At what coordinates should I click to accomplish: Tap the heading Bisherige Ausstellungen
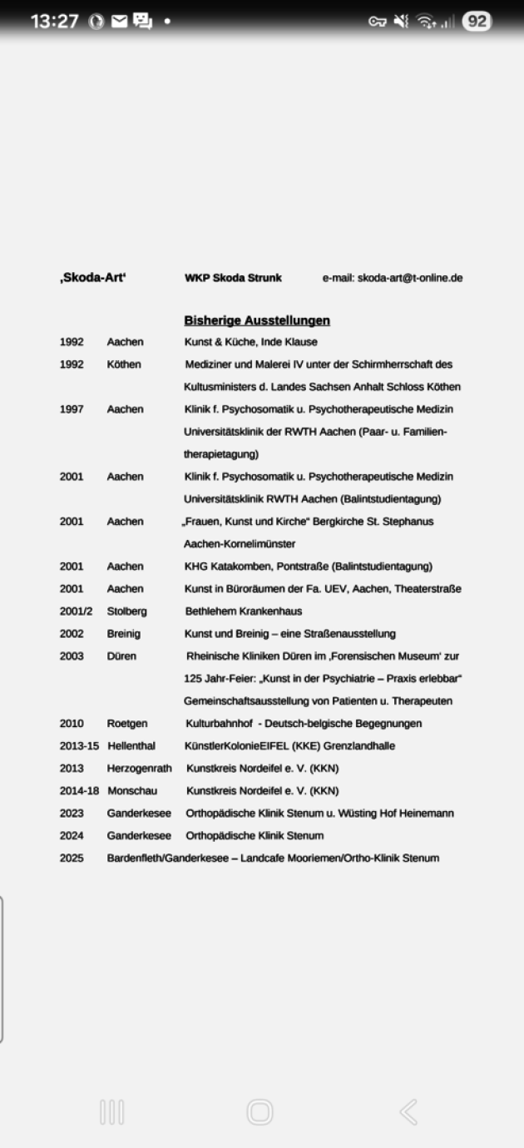(x=257, y=320)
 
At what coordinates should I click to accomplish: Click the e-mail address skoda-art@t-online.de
(x=410, y=278)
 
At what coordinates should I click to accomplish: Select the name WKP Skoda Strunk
(x=233, y=278)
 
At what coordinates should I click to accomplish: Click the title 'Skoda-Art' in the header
(x=92, y=278)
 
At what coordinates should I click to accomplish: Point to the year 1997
(x=72, y=409)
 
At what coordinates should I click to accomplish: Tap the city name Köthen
(x=124, y=364)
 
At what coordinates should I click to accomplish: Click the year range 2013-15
(x=79, y=746)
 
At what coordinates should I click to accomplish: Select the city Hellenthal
(x=131, y=746)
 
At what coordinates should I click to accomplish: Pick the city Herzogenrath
(x=139, y=769)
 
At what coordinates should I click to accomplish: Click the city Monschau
(x=132, y=791)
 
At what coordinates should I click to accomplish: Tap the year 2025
(x=72, y=859)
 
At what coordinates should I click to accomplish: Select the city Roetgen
(x=127, y=724)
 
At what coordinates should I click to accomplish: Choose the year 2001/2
(x=76, y=611)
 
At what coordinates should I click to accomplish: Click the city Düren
(x=121, y=656)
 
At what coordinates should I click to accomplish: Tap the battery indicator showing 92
(x=477, y=21)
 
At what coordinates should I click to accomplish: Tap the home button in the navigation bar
(x=260, y=1111)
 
